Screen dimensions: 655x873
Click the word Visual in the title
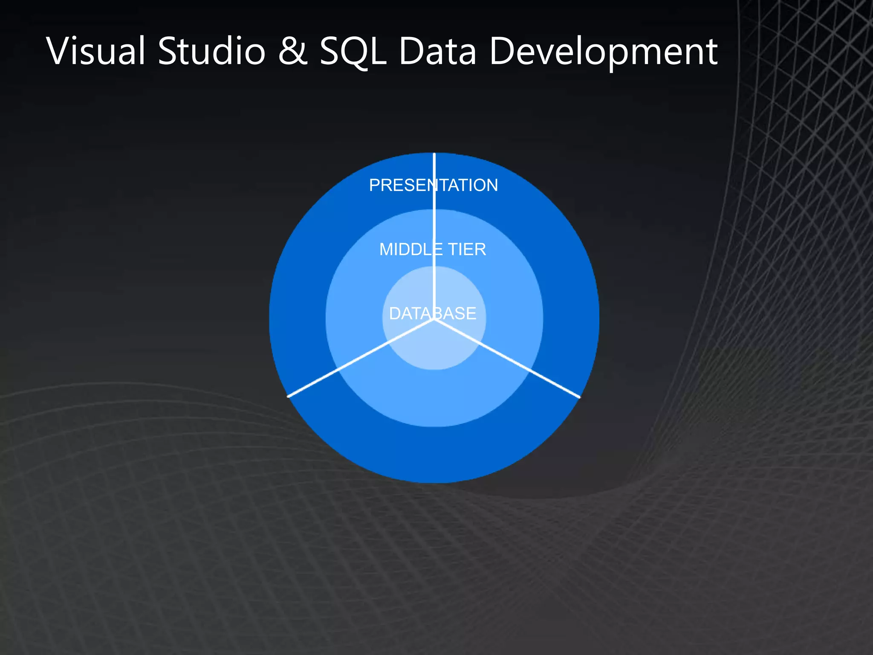tap(96, 51)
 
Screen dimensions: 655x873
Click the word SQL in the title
tap(353, 51)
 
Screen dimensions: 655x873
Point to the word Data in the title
tap(437, 51)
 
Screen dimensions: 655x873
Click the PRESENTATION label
tap(434, 185)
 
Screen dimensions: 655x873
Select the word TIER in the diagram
tap(467, 249)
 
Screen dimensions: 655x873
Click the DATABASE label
tap(433, 313)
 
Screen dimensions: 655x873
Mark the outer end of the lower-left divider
tap(289, 396)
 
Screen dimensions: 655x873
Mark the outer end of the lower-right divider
tap(579, 397)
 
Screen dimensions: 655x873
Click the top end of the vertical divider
tap(434, 154)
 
